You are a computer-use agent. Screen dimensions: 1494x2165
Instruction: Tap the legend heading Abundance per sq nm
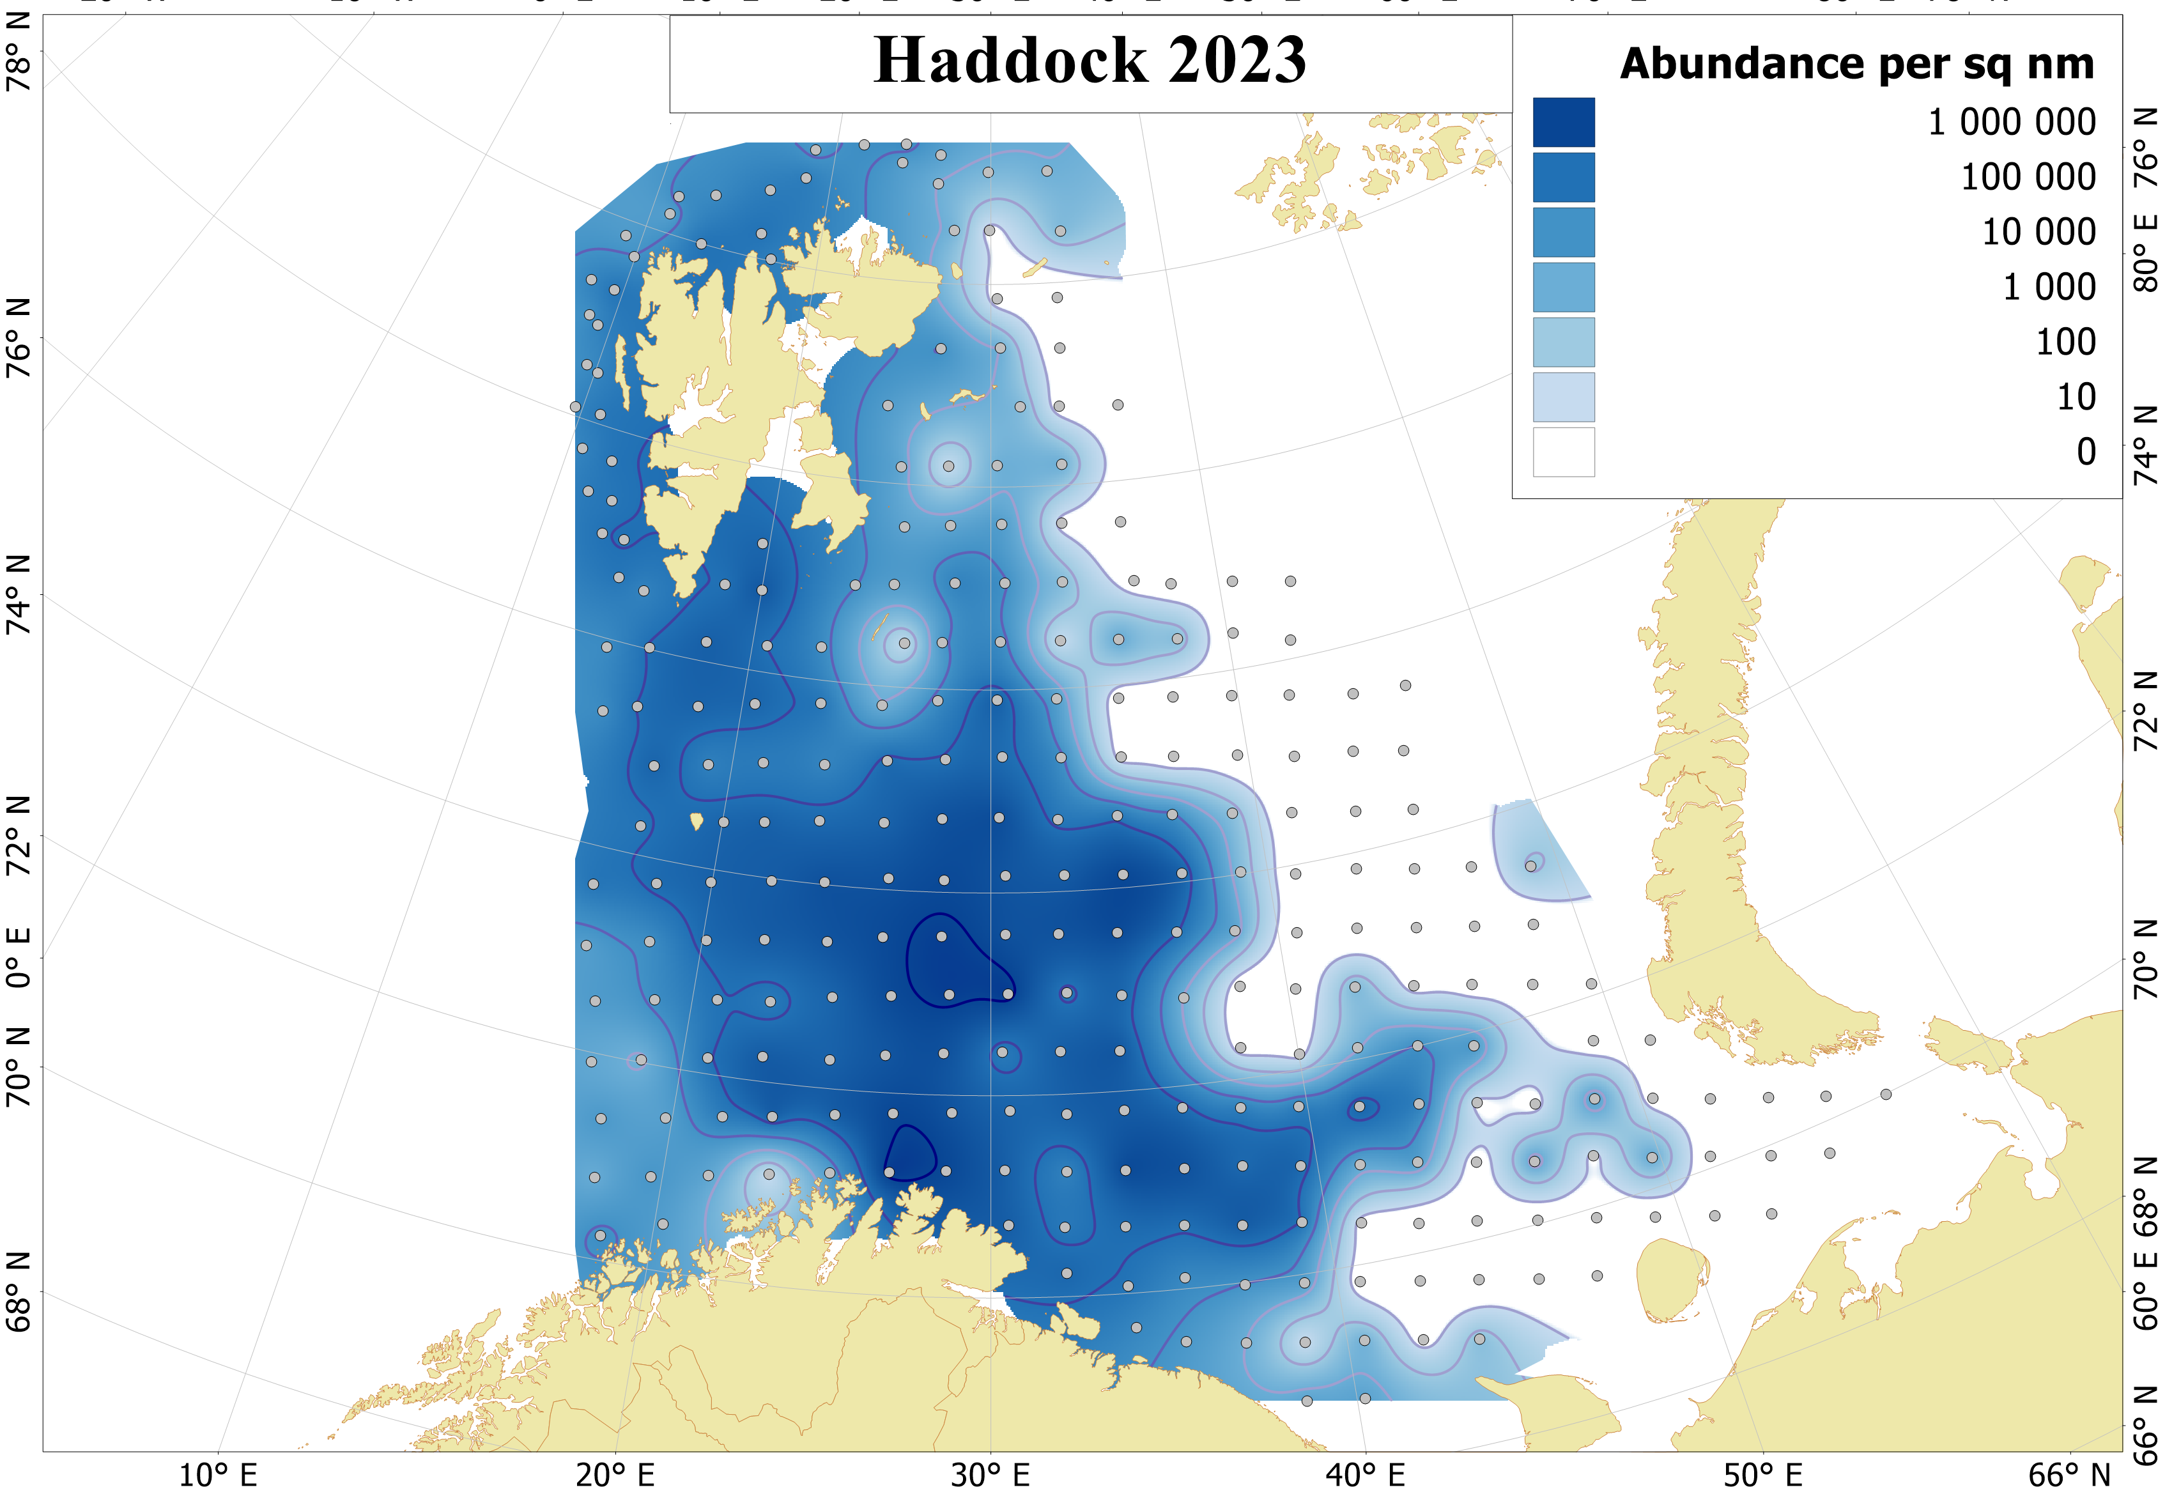(x=1856, y=65)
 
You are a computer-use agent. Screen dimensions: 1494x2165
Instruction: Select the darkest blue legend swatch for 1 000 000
(x=1562, y=123)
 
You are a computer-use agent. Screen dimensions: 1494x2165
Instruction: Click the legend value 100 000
(x=2028, y=177)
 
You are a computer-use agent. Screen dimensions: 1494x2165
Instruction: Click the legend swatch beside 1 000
(x=1562, y=288)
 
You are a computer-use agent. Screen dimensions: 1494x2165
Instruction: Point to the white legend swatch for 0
(x=1562, y=452)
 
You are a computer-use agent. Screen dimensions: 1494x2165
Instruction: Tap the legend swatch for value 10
(x=1562, y=397)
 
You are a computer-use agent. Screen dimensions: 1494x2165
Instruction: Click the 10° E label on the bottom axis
(x=217, y=1475)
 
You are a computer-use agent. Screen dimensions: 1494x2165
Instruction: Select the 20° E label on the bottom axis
(x=615, y=1475)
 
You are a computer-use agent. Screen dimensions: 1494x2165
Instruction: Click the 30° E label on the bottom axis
(x=990, y=1475)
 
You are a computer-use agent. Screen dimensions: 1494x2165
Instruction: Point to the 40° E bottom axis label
(x=1365, y=1475)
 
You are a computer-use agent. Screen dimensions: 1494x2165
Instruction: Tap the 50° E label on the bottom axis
(x=1762, y=1475)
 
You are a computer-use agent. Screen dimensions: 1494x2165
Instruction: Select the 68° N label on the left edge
(x=19, y=1293)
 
